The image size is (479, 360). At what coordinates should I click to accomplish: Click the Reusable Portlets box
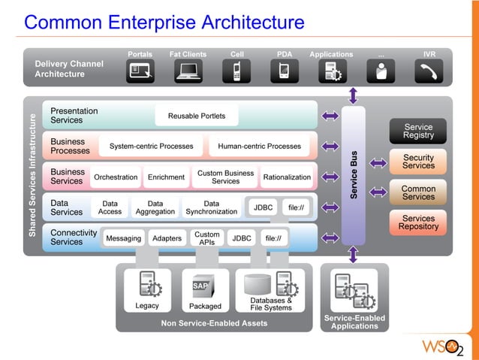197,116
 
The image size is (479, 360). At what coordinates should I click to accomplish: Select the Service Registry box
418,132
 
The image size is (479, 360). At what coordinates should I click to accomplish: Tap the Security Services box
418,162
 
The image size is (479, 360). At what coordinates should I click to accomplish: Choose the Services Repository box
418,222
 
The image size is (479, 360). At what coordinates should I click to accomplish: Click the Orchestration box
116,177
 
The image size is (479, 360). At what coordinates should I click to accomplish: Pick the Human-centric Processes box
259,146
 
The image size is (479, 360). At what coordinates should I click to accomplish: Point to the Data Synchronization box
212,207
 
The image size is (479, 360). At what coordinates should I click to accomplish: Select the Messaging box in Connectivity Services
123,238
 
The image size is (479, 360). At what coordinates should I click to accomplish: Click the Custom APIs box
207,238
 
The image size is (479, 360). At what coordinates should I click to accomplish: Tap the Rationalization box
287,177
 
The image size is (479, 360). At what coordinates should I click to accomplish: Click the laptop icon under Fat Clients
188,71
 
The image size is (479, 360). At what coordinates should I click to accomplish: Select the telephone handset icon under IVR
429,71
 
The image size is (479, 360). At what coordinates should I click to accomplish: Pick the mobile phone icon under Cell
236,71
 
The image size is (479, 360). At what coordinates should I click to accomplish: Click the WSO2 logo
444,346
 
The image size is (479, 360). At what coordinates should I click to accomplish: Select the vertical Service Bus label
353,175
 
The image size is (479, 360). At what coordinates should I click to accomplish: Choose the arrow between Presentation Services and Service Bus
330,116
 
